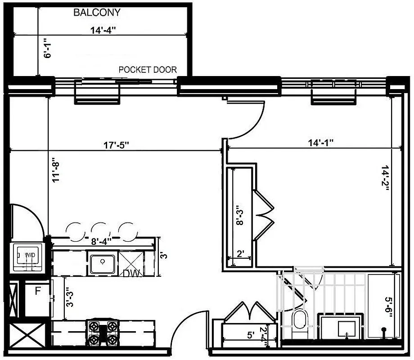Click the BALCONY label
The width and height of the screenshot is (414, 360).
click(97, 13)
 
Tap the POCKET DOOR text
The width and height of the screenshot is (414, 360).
click(148, 70)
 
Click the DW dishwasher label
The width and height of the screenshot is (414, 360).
click(130, 272)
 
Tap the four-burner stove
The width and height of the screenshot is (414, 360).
click(102, 333)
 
